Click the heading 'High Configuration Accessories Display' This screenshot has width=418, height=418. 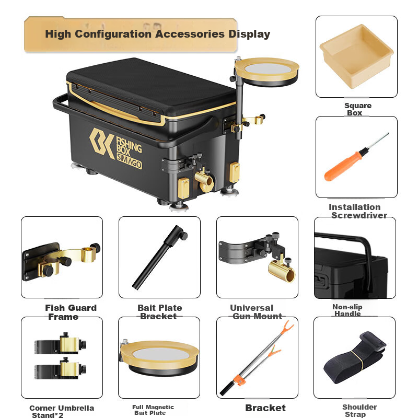tap(157, 34)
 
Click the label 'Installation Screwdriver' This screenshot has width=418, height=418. tap(357, 211)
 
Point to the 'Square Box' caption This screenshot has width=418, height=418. tap(357, 109)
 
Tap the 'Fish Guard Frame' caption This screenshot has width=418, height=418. tap(71, 312)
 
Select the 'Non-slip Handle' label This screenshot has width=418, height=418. tap(347, 310)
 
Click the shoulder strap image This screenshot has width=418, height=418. tap(354, 358)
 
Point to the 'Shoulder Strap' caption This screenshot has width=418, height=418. tap(359, 411)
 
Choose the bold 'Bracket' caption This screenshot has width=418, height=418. tap(265, 408)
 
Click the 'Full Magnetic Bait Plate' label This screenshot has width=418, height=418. tap(153, 410)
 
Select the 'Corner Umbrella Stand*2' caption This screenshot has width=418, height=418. tap(62, 411)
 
